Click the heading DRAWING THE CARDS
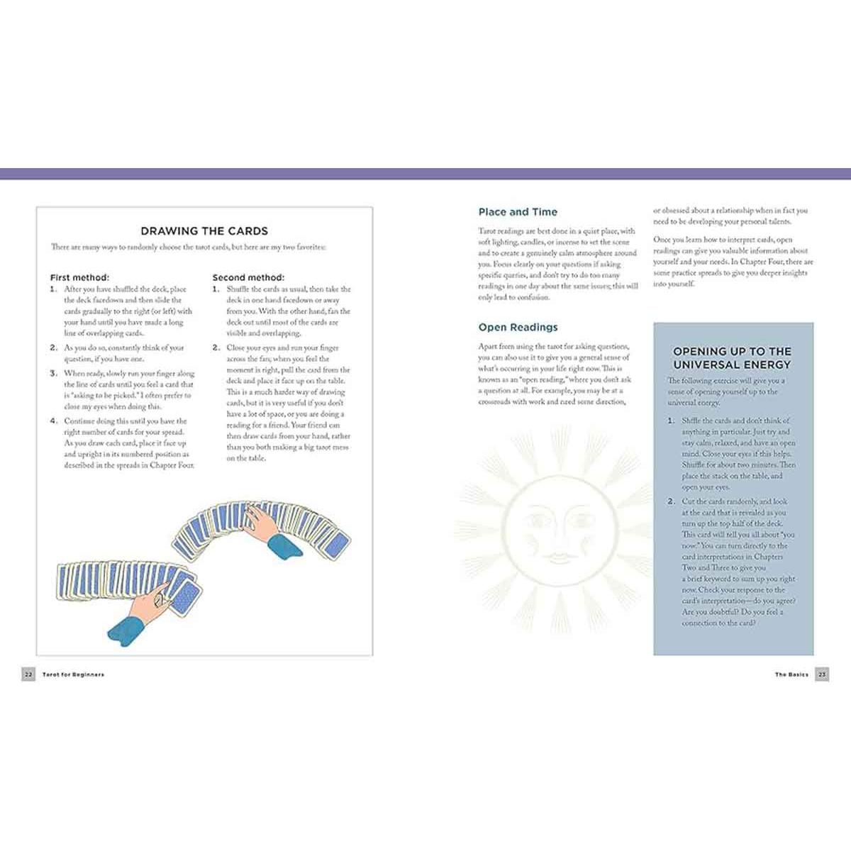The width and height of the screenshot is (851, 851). (x=204, y=231)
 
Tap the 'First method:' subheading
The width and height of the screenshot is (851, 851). (x=79, y=277)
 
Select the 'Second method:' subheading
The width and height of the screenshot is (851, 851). (x=248, y=277)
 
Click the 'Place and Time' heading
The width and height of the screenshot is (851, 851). (x=518, y=212)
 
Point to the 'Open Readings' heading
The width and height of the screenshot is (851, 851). (x=518, y=327)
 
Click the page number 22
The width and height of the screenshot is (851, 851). (x=28, y=674)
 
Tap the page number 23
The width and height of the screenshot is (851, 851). (x=822, y=674)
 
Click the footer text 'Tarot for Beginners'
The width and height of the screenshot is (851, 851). (x=73, y=674)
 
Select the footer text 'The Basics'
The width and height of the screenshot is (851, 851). (x=791, y=674)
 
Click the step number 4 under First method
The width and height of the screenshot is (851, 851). (x=53, y=421)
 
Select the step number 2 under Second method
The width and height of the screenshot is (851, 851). (x=216, y=348)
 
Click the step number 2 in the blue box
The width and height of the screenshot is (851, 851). (x=671, y=501)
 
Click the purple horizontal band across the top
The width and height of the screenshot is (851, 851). (x=425, y=174)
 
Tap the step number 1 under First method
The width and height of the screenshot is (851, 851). (x=53, y=289)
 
